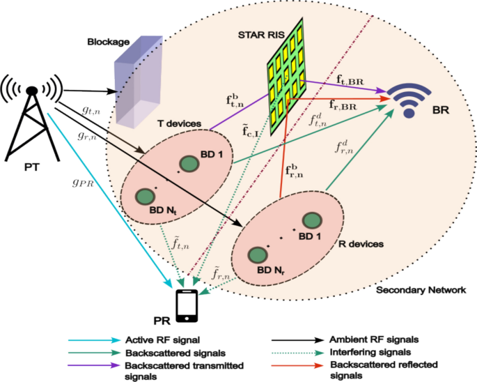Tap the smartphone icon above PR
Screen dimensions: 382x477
[x=185, y=305]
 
